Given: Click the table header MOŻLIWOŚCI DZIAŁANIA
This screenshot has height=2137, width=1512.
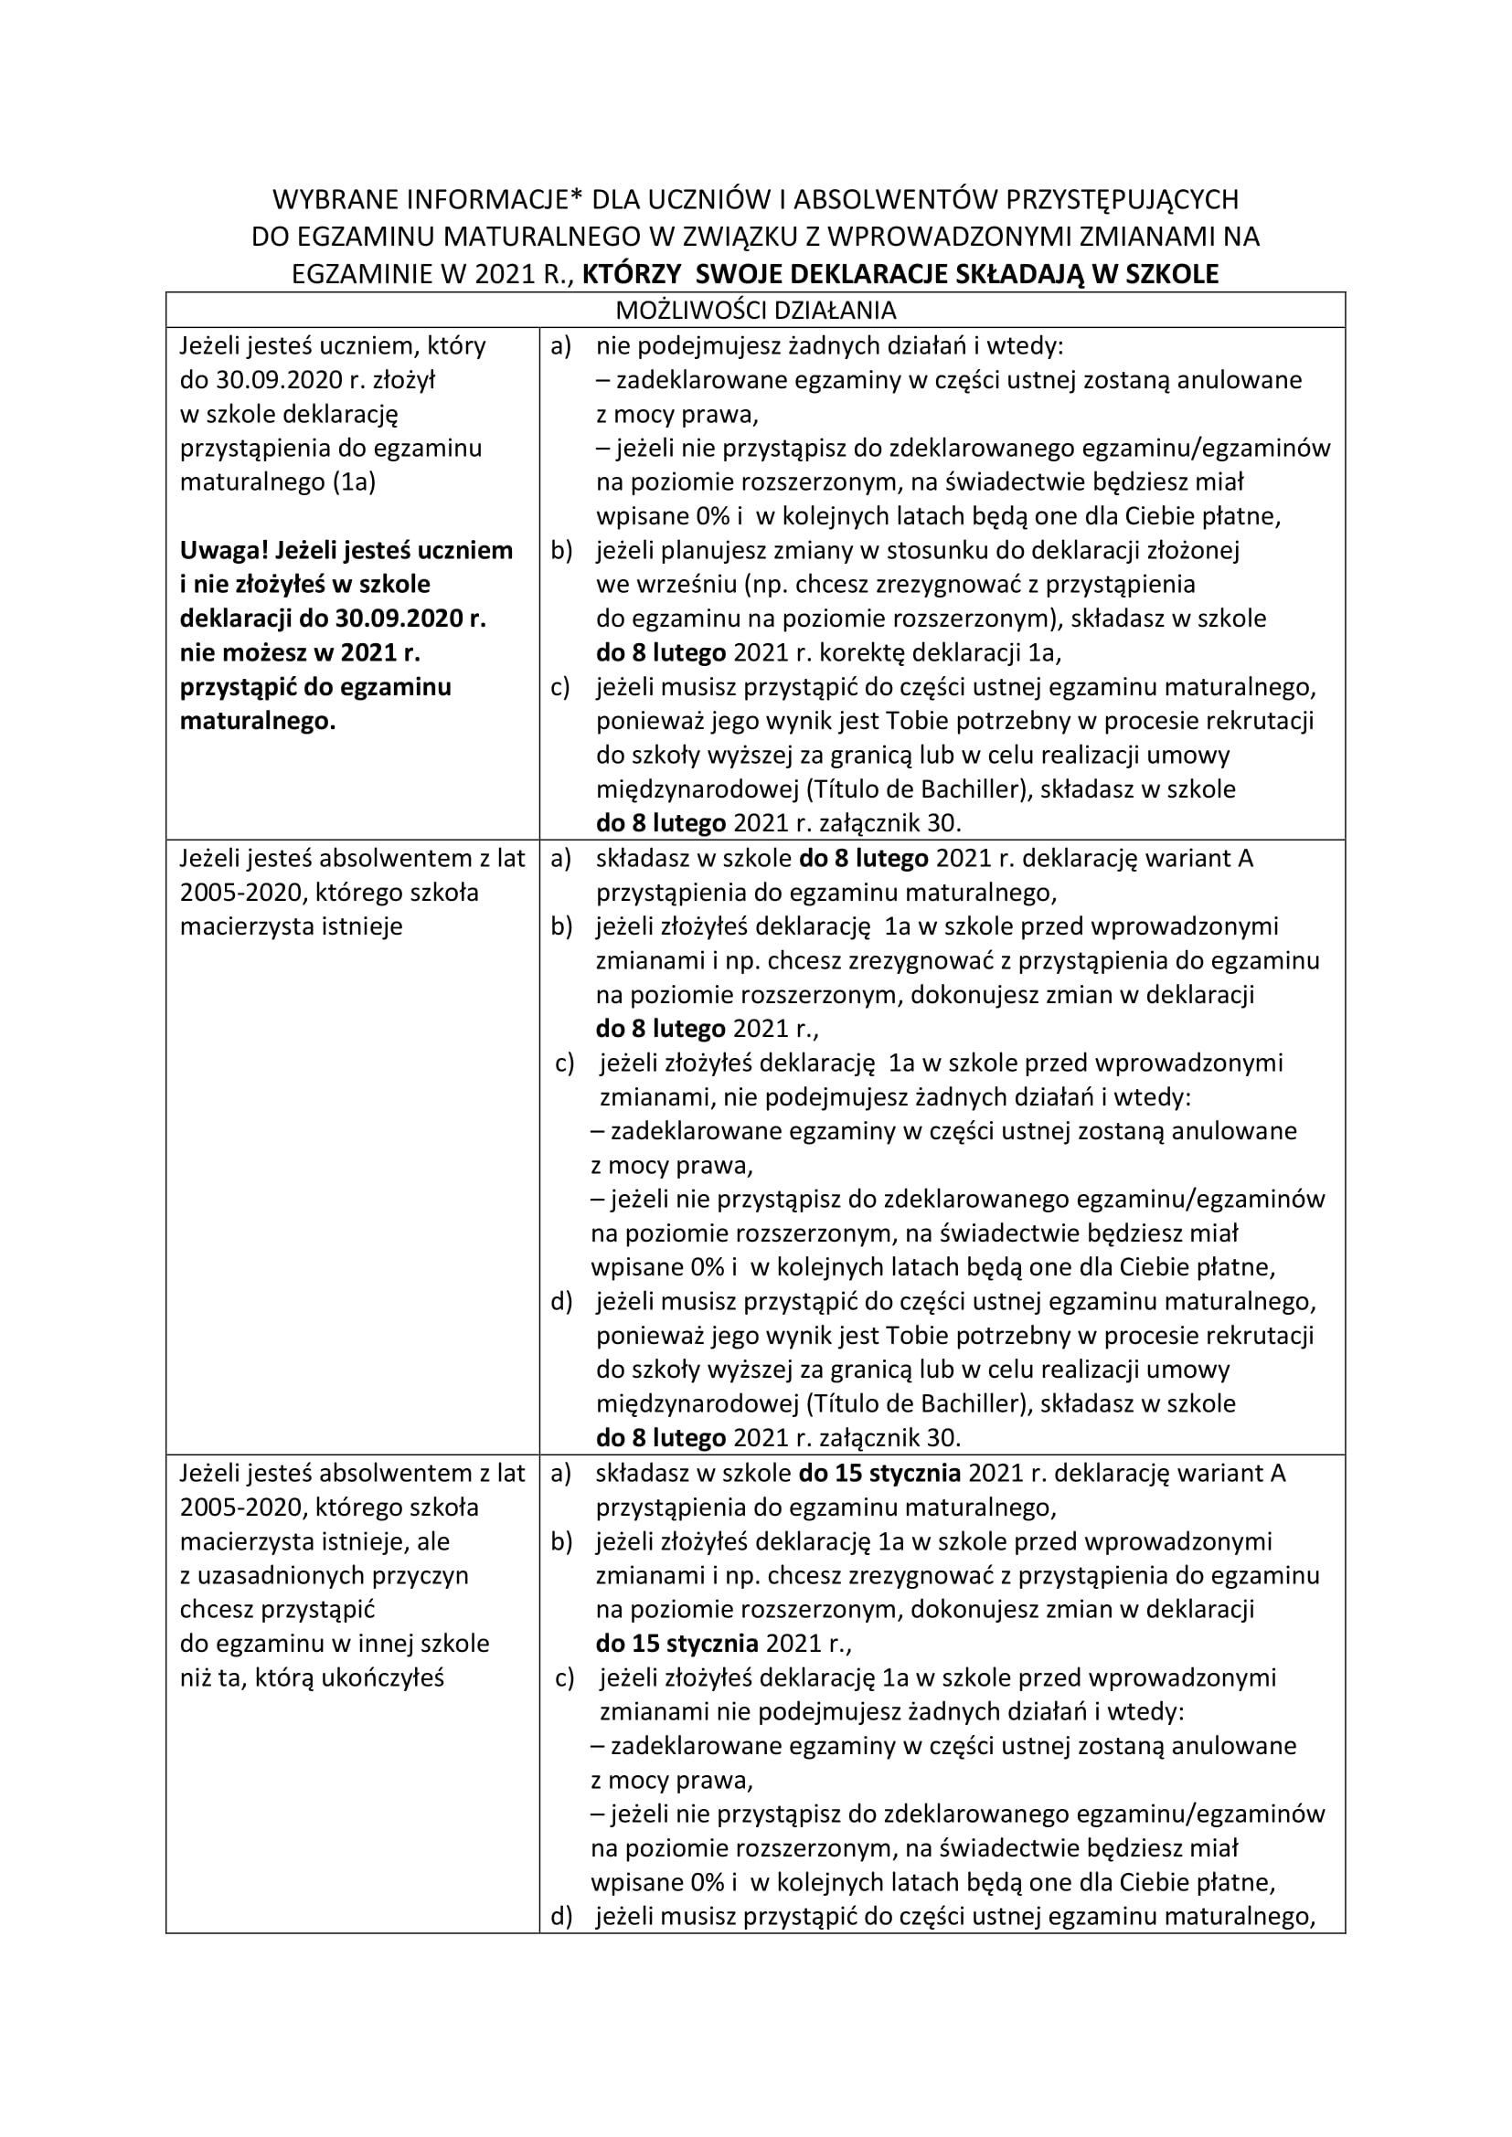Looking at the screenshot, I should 755,310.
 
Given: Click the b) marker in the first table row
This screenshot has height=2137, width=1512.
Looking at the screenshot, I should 561,550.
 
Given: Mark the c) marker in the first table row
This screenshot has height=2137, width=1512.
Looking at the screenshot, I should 560,687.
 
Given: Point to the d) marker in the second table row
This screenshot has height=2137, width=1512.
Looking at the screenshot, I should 561,1301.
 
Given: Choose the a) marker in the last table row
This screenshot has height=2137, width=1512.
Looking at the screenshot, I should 561,1474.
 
